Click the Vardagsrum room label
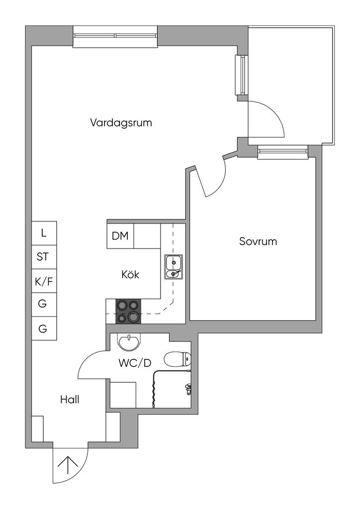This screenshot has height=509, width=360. click(x=121, y=123)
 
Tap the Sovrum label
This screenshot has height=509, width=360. click(x=258, y=242)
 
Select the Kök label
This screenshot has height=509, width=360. click(x=130, y=274)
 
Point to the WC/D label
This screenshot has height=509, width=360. click(x=135, y=363)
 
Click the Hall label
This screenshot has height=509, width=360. click(x=70, y=399)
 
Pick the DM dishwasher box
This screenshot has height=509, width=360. click(x=120, y=236)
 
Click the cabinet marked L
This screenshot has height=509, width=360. click(x=44, y=233)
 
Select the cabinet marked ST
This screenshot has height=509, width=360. click(x=44, y=257)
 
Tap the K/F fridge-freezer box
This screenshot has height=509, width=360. click(x=44, y=281)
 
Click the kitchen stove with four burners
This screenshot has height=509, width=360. click(x=128, y=312)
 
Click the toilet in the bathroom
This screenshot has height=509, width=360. click(x=178, y=359)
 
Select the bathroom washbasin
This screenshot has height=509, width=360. click(x=129, y=342)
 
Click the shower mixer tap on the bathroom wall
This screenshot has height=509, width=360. click(x=187, y=389)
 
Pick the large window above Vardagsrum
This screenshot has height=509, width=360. click(x=115, y=36)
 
